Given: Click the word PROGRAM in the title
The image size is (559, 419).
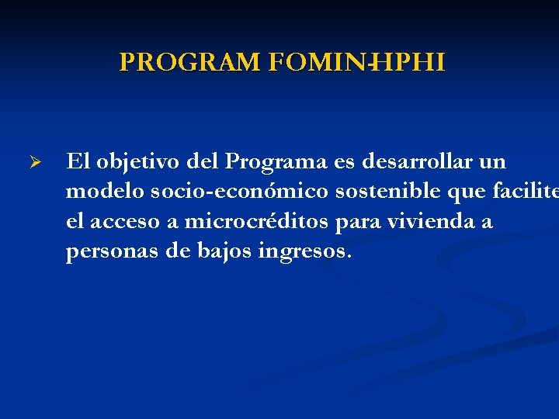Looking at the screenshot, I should pyautogui.click(x=190, y=63).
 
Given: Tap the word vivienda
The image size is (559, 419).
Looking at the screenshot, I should pyautogui.click(x=429, y=222).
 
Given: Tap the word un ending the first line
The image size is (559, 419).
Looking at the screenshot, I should pyautogui.click(x=491, y=162).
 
